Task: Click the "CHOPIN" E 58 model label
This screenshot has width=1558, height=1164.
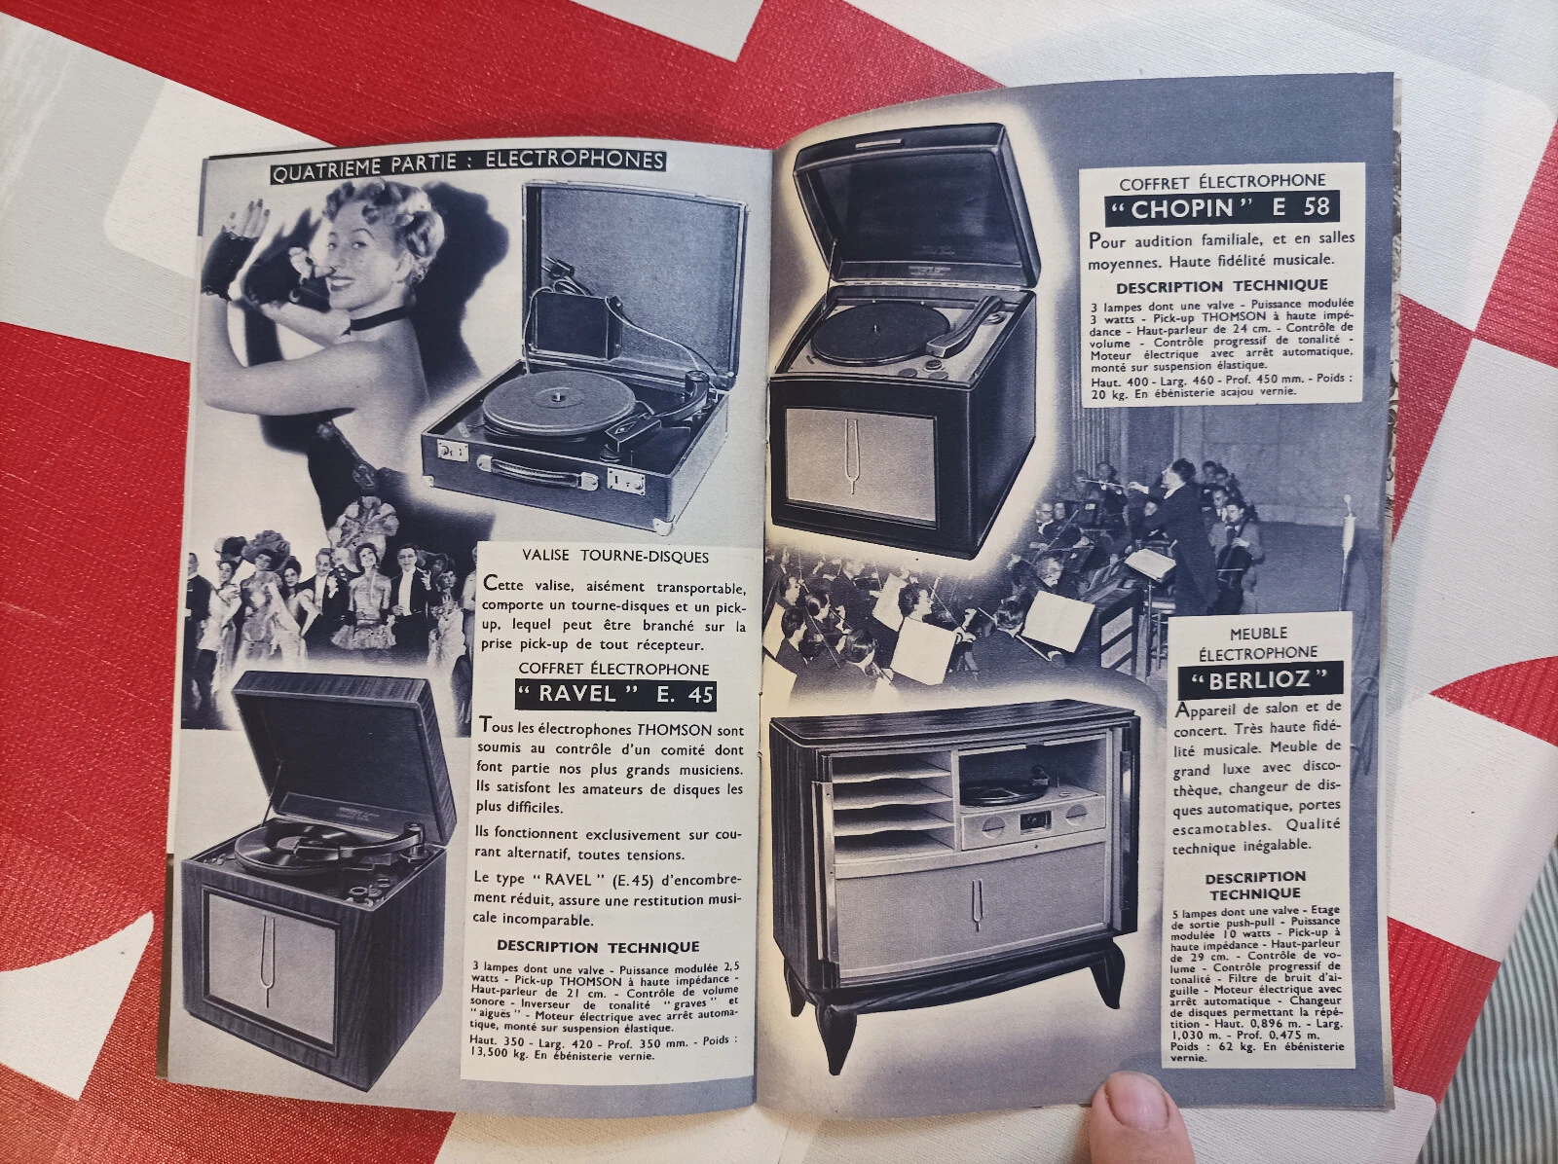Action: (x=1221, y=208)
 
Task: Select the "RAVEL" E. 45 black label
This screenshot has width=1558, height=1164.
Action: (x=614, y=693)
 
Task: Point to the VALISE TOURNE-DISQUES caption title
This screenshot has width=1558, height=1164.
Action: (x=614, y=556)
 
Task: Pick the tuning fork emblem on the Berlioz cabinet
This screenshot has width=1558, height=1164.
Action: (x=978, y=912)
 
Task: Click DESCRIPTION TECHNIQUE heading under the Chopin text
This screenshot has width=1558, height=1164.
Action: (x=1221, y=286)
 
